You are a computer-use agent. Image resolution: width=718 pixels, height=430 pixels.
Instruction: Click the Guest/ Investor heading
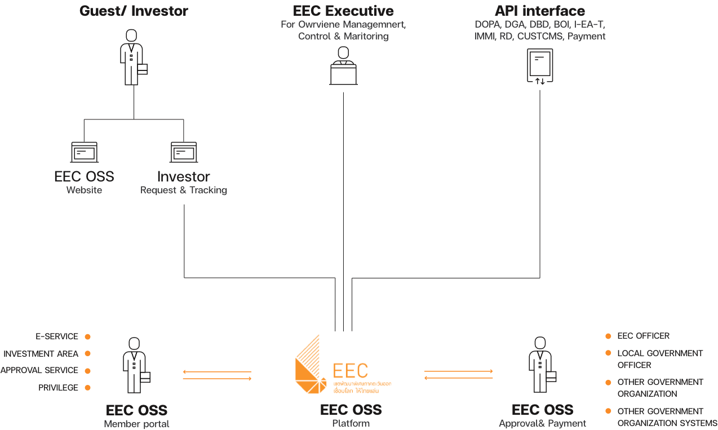click(x=134, y=11)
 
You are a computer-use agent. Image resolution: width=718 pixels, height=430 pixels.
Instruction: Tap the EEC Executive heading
click(x=343, y=11)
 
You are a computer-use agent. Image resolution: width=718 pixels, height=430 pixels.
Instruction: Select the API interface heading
click(x=540, y=11)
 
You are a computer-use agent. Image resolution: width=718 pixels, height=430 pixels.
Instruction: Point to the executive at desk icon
click(x=343, y=66)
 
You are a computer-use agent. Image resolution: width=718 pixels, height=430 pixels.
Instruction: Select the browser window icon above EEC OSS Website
click(x=84, y=152)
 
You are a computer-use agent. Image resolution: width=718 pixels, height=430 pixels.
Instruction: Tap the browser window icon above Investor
click(x=184, y=152)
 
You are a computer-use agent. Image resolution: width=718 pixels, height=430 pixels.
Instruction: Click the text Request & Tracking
click(x=184, y=190)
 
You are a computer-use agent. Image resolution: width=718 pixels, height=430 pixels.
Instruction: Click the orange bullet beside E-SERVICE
click(x=87, y=337)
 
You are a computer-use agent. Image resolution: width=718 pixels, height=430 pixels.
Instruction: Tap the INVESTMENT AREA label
click(x=41, y=354)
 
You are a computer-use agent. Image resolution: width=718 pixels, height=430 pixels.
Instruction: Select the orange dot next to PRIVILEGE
click(x=87, y=388)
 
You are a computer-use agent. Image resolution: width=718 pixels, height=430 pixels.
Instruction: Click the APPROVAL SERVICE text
click(x=39, y=371)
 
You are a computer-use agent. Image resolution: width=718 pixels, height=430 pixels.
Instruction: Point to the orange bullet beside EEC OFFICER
click(x=608, y=336)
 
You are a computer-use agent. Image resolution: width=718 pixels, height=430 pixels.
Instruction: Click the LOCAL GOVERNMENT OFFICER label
click(x=660, y=359)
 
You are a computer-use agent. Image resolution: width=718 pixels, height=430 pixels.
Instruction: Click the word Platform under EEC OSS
click(x=351, y=423)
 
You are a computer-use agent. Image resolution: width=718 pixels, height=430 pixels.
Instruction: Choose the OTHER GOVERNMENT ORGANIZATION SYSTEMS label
click(x=667, y=417)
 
